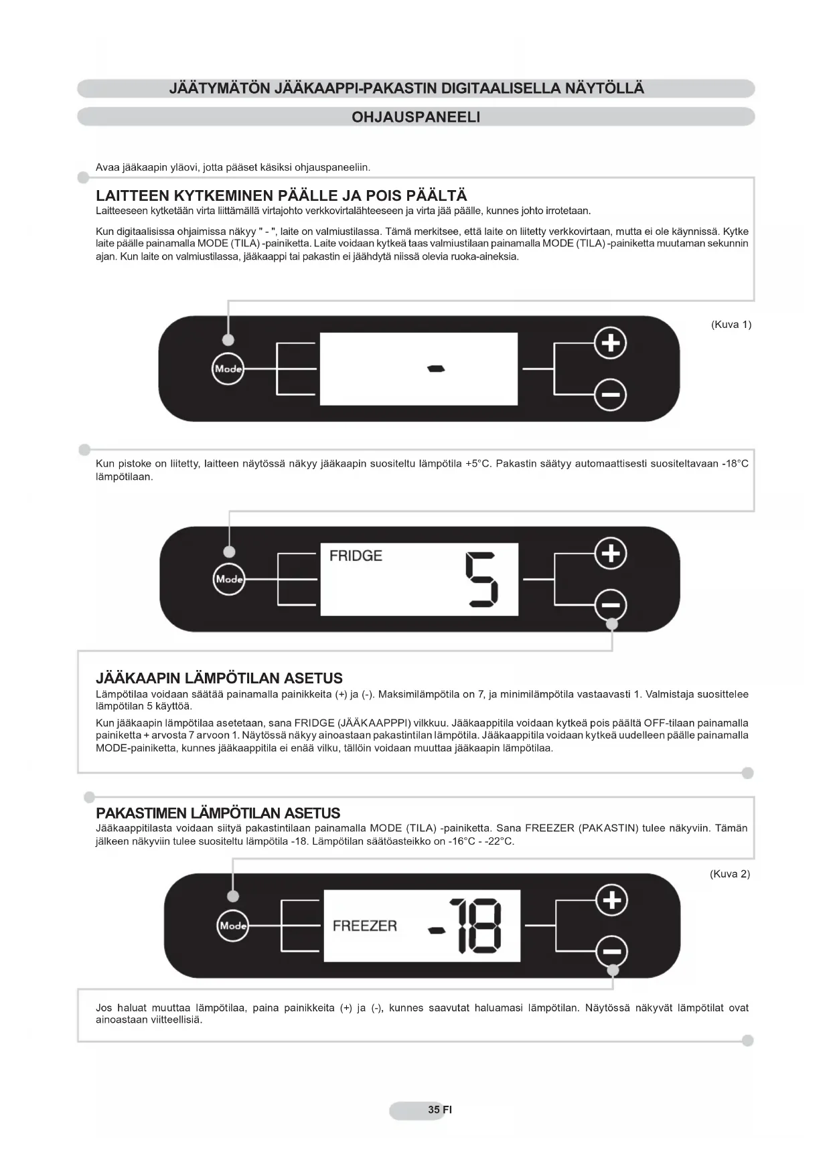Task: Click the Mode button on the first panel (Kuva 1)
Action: point(228,369)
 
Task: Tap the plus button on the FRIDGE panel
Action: point(610,554)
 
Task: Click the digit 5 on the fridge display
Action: point(481,580)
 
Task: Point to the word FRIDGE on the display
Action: point(356,556)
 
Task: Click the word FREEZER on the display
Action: point(364,926)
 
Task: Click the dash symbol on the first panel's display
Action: point(436,369)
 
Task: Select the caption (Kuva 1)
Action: point(731,325)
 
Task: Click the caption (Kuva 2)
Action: point(729,873)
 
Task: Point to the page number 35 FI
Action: point(439,1110)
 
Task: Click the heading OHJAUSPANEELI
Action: point(416,117)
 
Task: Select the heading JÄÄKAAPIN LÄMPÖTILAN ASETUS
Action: point(219,678)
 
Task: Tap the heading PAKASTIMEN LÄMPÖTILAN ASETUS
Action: point(218,813)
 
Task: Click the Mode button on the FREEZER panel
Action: point(233,926)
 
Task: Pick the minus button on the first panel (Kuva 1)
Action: point(610,394)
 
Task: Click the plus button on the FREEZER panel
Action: point(612,900)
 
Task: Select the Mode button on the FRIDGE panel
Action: point(229,579)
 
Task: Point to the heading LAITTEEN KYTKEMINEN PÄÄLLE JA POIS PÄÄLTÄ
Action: point(281,195)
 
